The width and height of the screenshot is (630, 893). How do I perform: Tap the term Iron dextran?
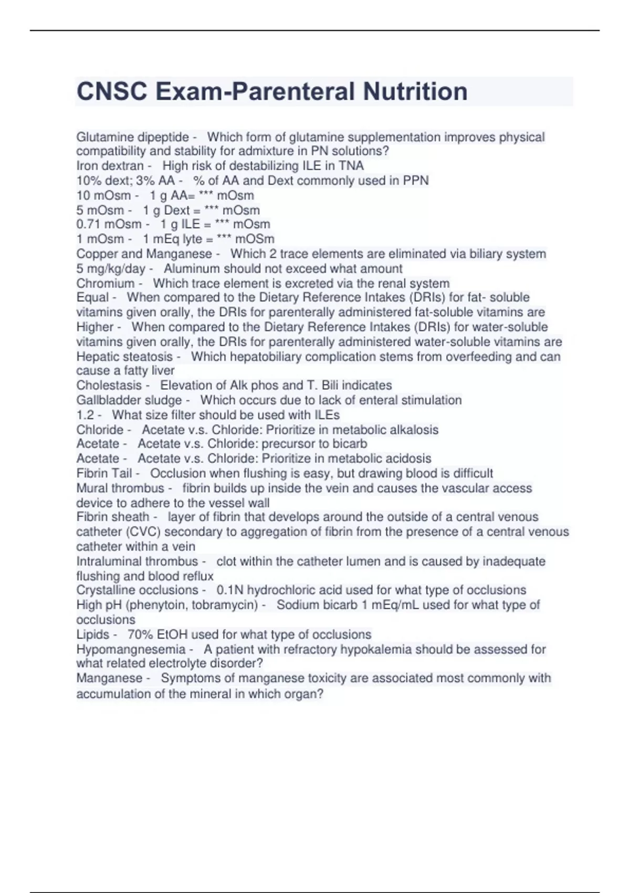click(110, 166)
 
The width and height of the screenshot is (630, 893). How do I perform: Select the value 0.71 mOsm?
click(109, 224)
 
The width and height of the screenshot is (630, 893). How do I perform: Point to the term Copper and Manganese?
click(144, 254)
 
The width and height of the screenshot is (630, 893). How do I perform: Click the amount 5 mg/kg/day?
click(111, 269)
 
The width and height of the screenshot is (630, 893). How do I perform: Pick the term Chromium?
click(106, 284)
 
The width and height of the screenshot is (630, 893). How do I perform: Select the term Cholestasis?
click(109, 386)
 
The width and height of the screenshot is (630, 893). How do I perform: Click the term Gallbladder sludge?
click(129, 400)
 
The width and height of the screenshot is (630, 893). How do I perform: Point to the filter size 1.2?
click(85, 415)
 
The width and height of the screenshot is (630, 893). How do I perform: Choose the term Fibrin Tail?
click(104, 473)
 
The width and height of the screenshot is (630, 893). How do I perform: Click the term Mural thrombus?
click(120, 489)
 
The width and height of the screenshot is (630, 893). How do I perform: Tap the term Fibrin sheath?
click(112, 517)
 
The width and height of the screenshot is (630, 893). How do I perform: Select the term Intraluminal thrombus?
click(137, 562)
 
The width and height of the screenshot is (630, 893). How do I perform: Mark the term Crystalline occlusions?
click(137, 590)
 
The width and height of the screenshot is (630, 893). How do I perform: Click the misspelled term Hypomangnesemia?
click(131, 649)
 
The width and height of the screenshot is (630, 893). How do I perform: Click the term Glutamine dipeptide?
click(132, 138)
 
